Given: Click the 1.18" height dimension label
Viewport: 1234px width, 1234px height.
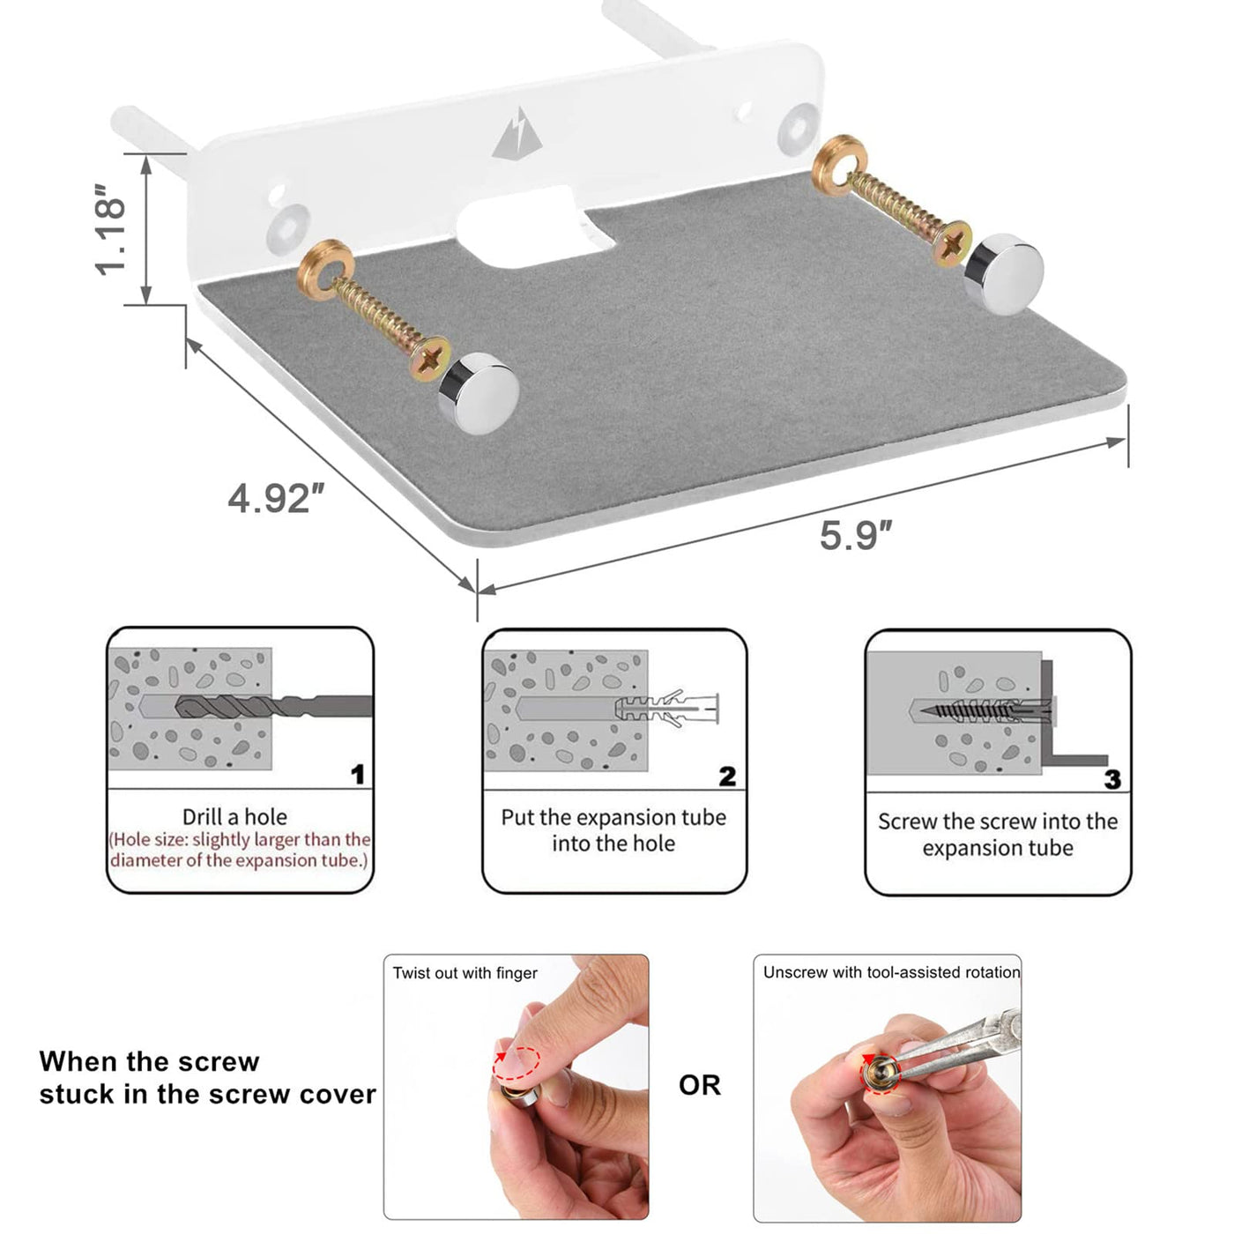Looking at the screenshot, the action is [x=110, y=229].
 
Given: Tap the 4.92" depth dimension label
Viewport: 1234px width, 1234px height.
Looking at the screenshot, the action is [x=276, y=498].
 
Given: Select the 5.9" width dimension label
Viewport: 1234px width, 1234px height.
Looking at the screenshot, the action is [x=856, y=535].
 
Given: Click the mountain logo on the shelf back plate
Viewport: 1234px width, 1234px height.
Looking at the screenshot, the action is [x=517, y=134].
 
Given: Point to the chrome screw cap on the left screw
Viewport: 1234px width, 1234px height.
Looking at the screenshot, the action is [x=479, y=393].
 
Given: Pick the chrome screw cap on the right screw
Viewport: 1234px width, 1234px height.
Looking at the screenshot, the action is [x=1003, y=274].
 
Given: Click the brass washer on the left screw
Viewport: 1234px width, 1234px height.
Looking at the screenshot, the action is [x=325, y=270].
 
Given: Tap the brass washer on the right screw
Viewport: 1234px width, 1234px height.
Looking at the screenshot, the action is [x=839, y=165].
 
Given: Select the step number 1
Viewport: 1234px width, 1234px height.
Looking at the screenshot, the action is [x=358, y=774].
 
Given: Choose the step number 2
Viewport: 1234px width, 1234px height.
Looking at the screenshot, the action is [x=727, y=777].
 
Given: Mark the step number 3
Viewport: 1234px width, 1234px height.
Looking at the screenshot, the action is [x=1112, y=778].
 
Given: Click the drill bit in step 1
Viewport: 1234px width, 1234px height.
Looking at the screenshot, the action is [x=273, y=707].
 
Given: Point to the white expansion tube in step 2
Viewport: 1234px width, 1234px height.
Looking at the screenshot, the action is [x=666, y=709].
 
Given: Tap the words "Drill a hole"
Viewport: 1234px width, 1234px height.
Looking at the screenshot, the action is [x=234, y=817].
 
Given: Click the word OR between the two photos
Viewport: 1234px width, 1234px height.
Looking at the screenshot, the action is [x=699, y=1085].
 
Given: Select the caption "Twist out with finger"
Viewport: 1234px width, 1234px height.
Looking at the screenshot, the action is [x=465, y=973].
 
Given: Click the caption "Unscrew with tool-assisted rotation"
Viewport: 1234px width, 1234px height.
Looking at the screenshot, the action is [x=891, y=972].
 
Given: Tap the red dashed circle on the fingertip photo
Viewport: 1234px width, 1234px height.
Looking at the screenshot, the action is [x=516, y=1064].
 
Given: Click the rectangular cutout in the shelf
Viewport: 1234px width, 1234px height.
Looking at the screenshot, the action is [x=537, y=227].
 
